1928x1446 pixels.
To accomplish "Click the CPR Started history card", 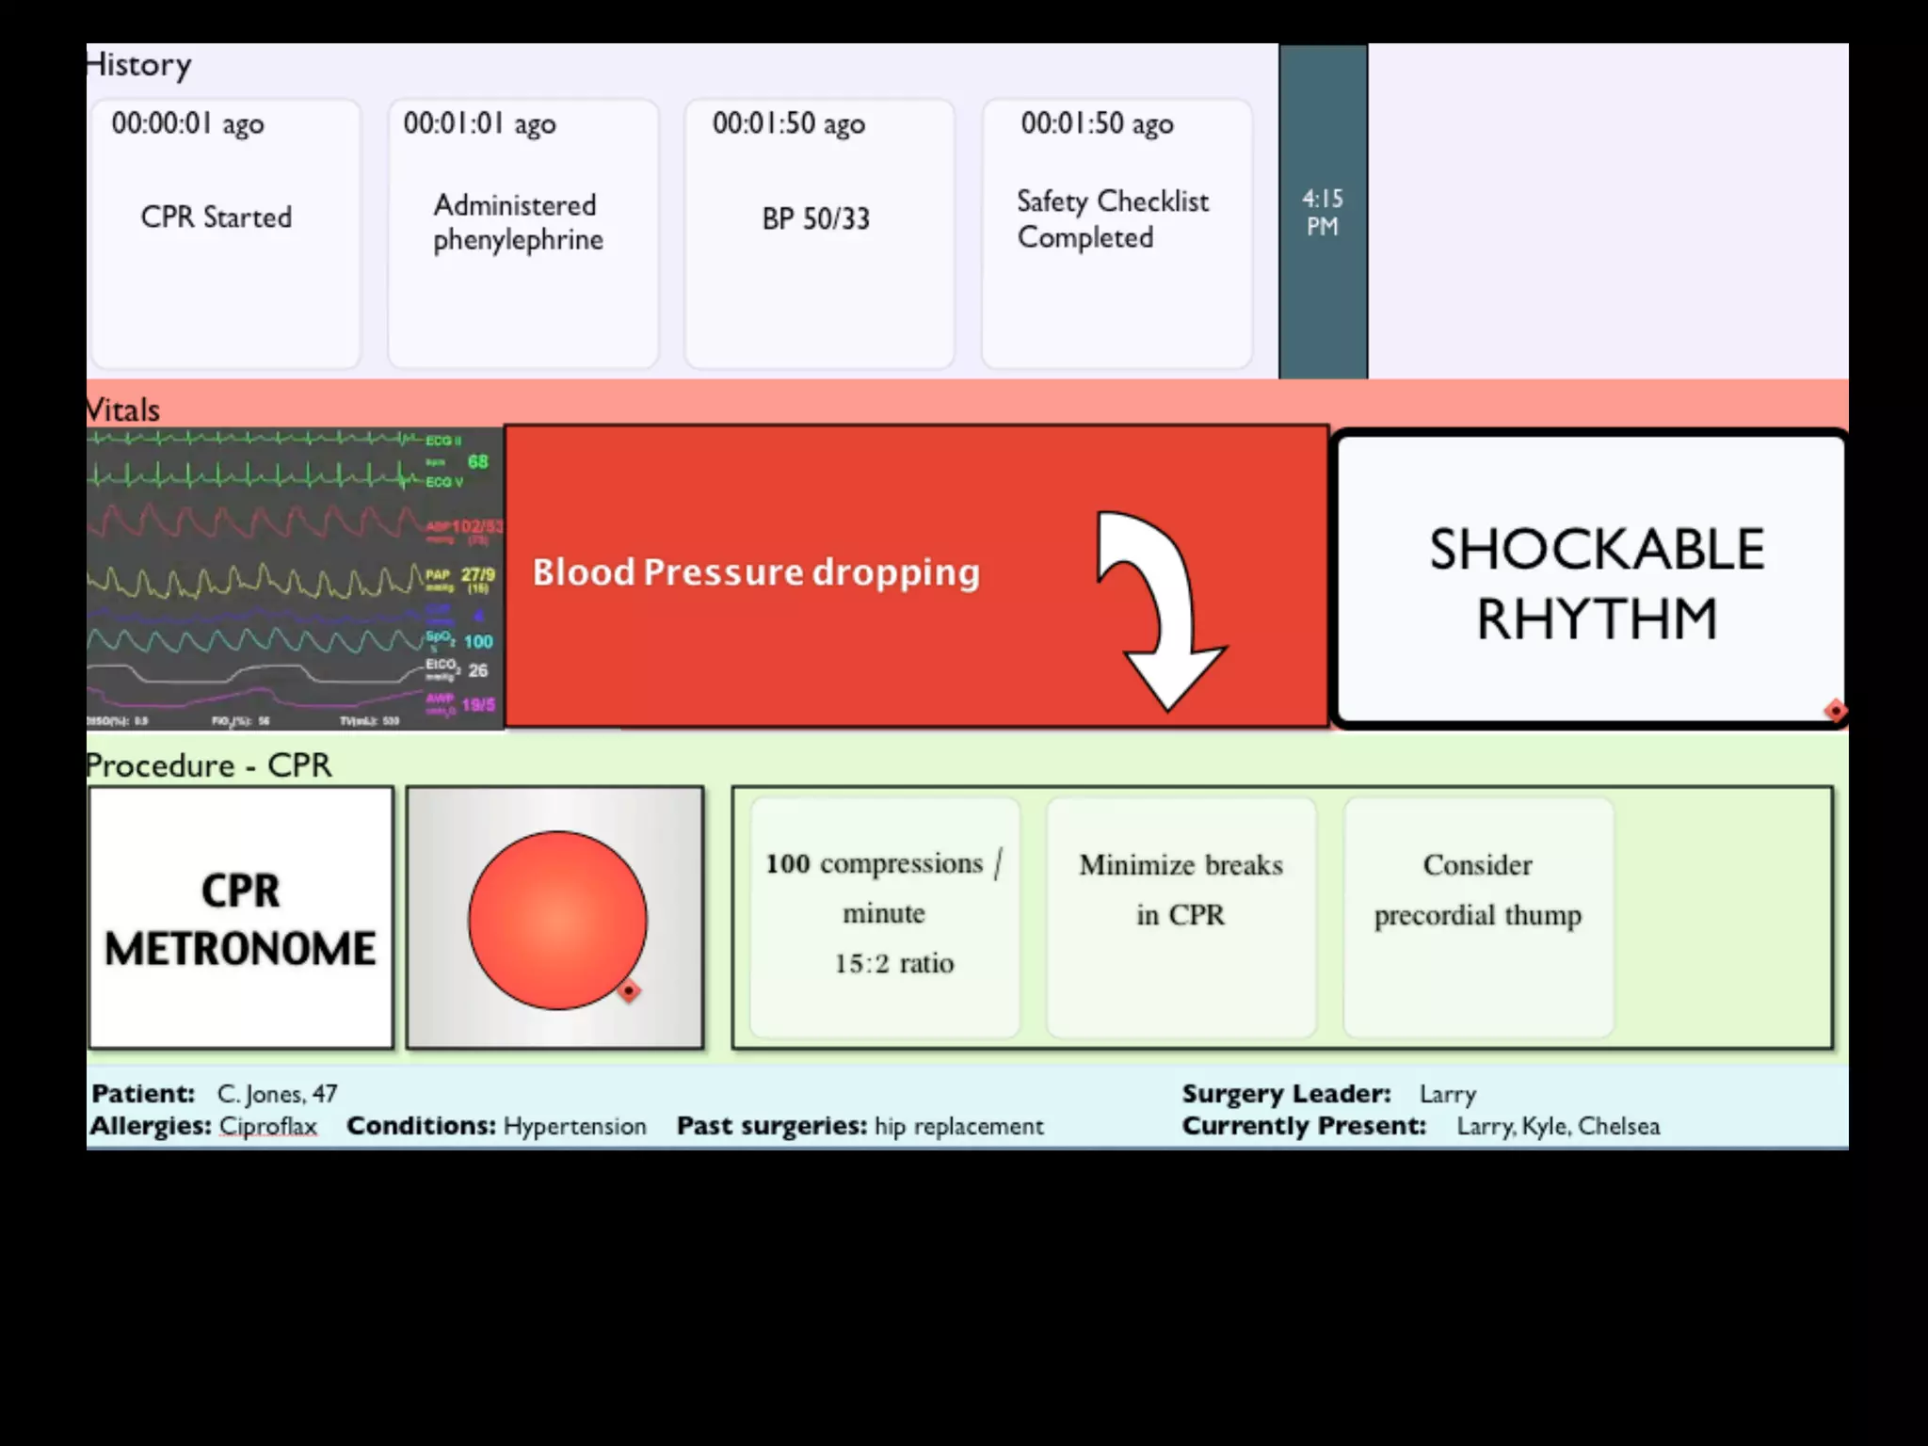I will click(225, 233).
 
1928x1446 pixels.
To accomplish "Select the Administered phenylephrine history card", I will click(522, 233).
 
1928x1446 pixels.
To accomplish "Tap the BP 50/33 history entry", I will click(819, 233).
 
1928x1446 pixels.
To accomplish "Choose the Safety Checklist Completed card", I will click(1117, 233).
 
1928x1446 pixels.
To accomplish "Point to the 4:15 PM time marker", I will click(1323, 213).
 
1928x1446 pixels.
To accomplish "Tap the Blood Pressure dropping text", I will click(756, 572).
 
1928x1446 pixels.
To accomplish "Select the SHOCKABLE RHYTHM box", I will click(1591, 581).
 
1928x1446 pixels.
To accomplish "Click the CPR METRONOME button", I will click(241, 918).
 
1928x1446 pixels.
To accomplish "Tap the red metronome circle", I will click(556, 920).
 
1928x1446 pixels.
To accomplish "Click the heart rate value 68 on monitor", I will click(477, 461).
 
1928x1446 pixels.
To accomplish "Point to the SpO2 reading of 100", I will click(477, 642).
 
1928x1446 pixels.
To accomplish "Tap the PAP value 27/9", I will click(477, 574).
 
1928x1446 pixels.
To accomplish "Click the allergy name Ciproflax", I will click(268, 1126).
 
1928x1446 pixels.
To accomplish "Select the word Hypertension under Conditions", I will click(574, 1126).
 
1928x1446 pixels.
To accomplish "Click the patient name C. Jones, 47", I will click(277, 1094).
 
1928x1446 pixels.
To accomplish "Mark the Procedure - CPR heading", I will click(209, 765).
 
